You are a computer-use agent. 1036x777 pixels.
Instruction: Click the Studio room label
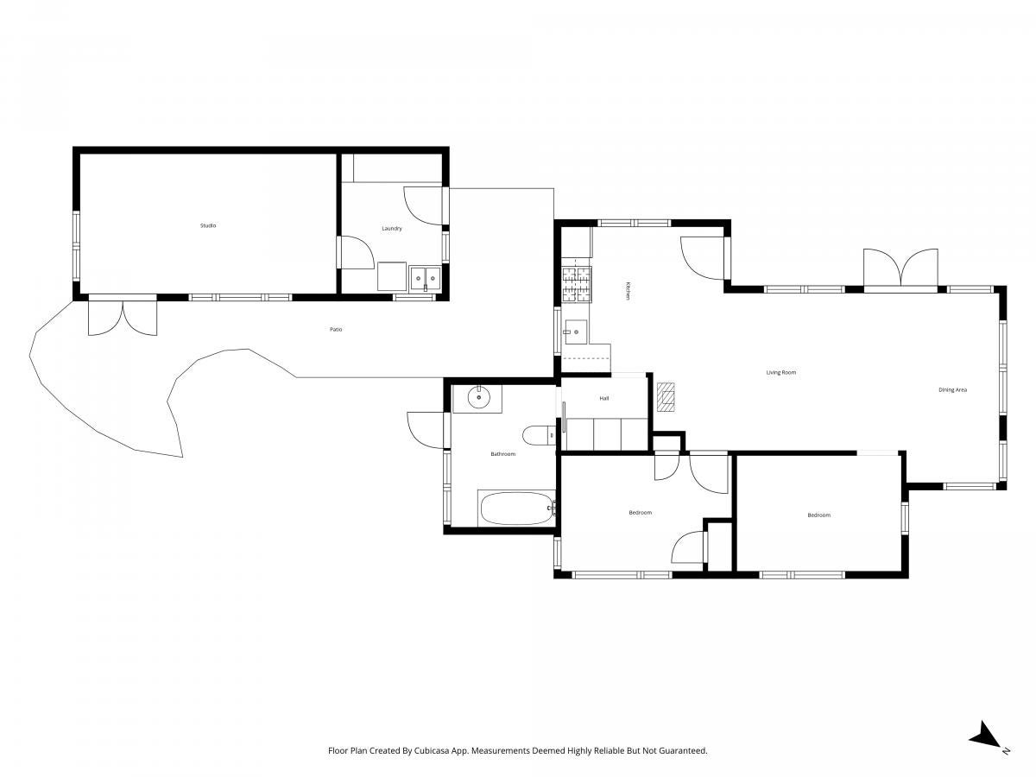pos(208,225)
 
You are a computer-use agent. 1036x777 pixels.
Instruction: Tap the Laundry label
pos(392,228)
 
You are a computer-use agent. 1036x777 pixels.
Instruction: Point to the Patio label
pos(336,329)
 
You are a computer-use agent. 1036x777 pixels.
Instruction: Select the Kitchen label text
pos(628,291)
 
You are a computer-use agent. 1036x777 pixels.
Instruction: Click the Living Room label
pos(781,372)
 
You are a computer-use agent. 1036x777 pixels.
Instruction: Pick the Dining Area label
pos(952,389)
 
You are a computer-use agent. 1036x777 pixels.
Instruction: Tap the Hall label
pos(604,398)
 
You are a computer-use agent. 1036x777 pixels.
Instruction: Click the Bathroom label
pos(503,454)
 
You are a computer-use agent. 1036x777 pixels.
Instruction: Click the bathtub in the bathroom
pos(517,509)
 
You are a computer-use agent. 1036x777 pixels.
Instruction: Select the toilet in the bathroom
pos(539,434)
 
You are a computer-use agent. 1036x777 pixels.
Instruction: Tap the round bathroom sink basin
pos(479,397)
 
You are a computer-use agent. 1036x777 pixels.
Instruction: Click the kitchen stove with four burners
pos(577,284)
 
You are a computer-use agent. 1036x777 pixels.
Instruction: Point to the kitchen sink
pos(575,332)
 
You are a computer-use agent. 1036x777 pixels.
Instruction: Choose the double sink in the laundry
pos(426,278)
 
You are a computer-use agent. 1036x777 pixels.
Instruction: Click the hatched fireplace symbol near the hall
pos(666,398)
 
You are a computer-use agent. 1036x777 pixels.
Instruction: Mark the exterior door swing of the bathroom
pos(426,430)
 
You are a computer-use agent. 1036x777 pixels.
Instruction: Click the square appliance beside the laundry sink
pos(392,276)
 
